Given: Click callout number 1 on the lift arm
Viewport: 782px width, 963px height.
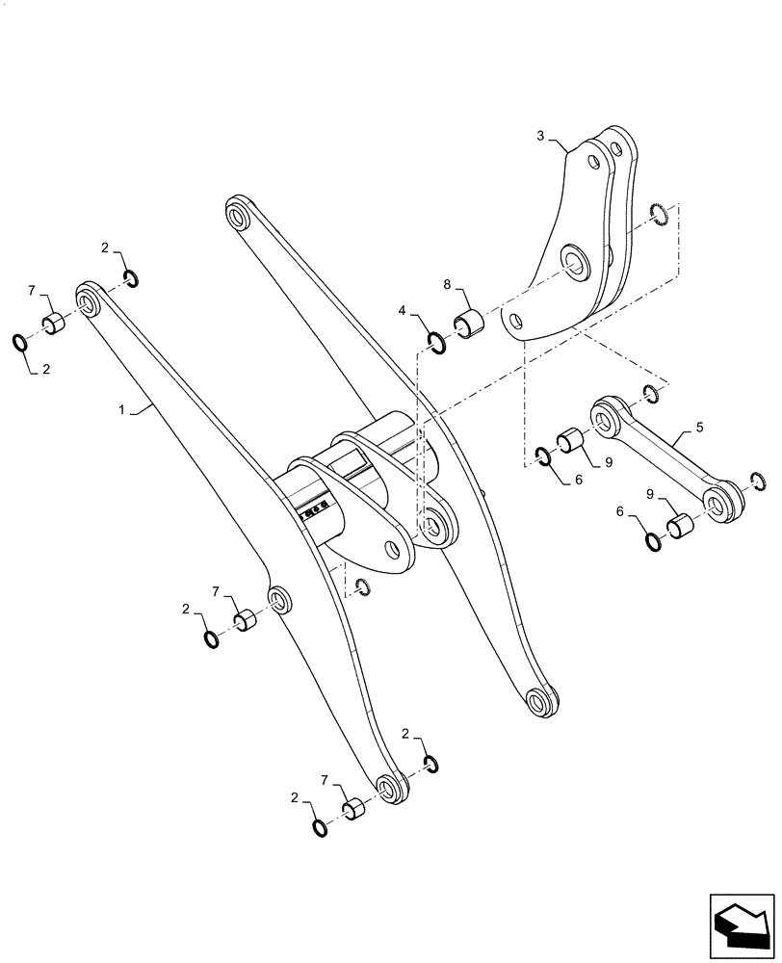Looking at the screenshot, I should click(x=121, y=410).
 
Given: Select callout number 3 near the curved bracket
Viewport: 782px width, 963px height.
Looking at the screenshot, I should click(x=540, y=137).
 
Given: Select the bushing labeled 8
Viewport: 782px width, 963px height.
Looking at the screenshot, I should click(x=470, y=323).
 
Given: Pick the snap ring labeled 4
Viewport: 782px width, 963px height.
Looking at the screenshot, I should click(x=436, y=342).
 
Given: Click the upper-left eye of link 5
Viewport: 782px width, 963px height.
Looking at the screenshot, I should click(x=605, y=418).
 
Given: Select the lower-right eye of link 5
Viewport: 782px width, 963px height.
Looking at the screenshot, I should click(x=717, y=501).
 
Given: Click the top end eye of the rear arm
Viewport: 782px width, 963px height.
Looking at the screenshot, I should click(x=236, y=215).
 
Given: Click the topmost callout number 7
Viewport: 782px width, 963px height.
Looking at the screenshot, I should click(x=32, y=290).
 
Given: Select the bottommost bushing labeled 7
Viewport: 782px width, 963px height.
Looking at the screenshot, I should click(x=355, y=810).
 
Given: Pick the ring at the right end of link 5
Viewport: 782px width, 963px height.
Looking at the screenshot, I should click(x=756, y=481).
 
